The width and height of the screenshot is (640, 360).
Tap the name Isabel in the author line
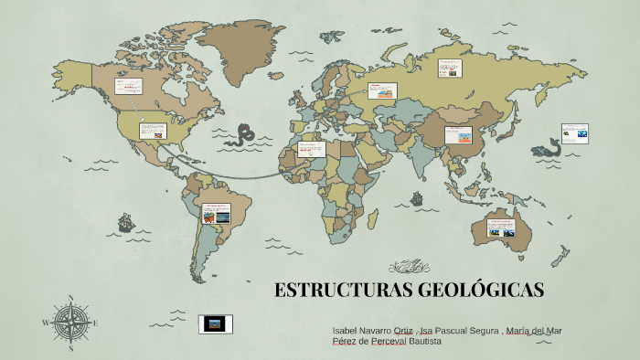(348, 329)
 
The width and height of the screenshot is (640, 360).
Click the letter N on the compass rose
(70, 298)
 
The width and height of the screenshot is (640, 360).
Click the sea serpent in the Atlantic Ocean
(243, 134)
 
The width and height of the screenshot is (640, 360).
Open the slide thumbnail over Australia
(501, 228)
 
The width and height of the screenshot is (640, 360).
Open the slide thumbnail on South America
(217, 214)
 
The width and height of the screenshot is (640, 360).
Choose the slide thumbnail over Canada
(127, 87)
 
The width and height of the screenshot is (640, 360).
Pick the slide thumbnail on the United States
(152, 131)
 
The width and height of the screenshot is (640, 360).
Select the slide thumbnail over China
(457, 135)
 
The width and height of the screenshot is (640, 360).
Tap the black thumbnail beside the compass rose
(216, 323)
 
